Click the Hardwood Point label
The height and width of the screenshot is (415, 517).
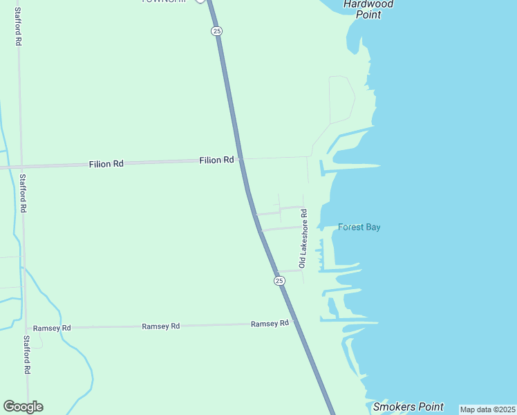tap(368, 9)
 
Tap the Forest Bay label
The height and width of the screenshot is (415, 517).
tap(359, 227)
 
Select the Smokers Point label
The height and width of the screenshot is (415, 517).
tap(408, 407)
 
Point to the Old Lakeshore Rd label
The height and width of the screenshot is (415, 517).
tap(303, 239)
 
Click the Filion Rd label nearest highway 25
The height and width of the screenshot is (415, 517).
tap(216, 160)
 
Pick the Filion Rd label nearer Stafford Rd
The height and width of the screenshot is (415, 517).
tap(106, 164)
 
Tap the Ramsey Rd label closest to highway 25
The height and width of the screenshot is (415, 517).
tap(270, 324)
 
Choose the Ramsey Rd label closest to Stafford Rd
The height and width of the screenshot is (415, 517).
tap(52, 328)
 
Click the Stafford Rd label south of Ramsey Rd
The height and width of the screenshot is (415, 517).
tap(27, 356)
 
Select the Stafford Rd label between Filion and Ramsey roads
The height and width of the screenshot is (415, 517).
tap(23, 193)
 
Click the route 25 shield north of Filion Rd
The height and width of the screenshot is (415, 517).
tap(217, 31)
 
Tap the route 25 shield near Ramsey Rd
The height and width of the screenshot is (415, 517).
tap(279, 280)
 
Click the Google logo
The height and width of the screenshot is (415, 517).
tap(23, 407)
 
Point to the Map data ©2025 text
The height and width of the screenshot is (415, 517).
tap(487, 409)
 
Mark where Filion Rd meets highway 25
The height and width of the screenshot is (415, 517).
tap(241, 159)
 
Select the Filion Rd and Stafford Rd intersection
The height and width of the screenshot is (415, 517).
tap(21, 167)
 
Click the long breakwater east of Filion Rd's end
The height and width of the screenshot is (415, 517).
tap(352, 166)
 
